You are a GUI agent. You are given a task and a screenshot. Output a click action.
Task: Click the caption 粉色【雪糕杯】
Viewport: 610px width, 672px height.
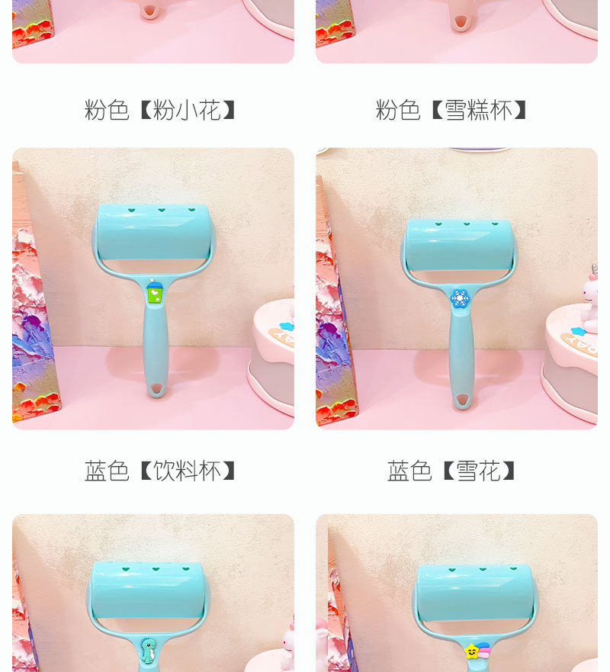452,111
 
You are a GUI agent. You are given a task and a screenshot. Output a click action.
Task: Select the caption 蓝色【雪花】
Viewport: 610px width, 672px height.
452,471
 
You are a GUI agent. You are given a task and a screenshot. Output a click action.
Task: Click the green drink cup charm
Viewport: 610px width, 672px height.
155,291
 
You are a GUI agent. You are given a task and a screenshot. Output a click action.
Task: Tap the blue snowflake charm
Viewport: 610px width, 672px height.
459,297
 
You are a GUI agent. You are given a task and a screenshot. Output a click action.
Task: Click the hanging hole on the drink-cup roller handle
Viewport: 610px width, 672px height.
156,388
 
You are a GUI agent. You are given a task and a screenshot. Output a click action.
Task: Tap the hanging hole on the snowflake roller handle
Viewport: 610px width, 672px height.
461,399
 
